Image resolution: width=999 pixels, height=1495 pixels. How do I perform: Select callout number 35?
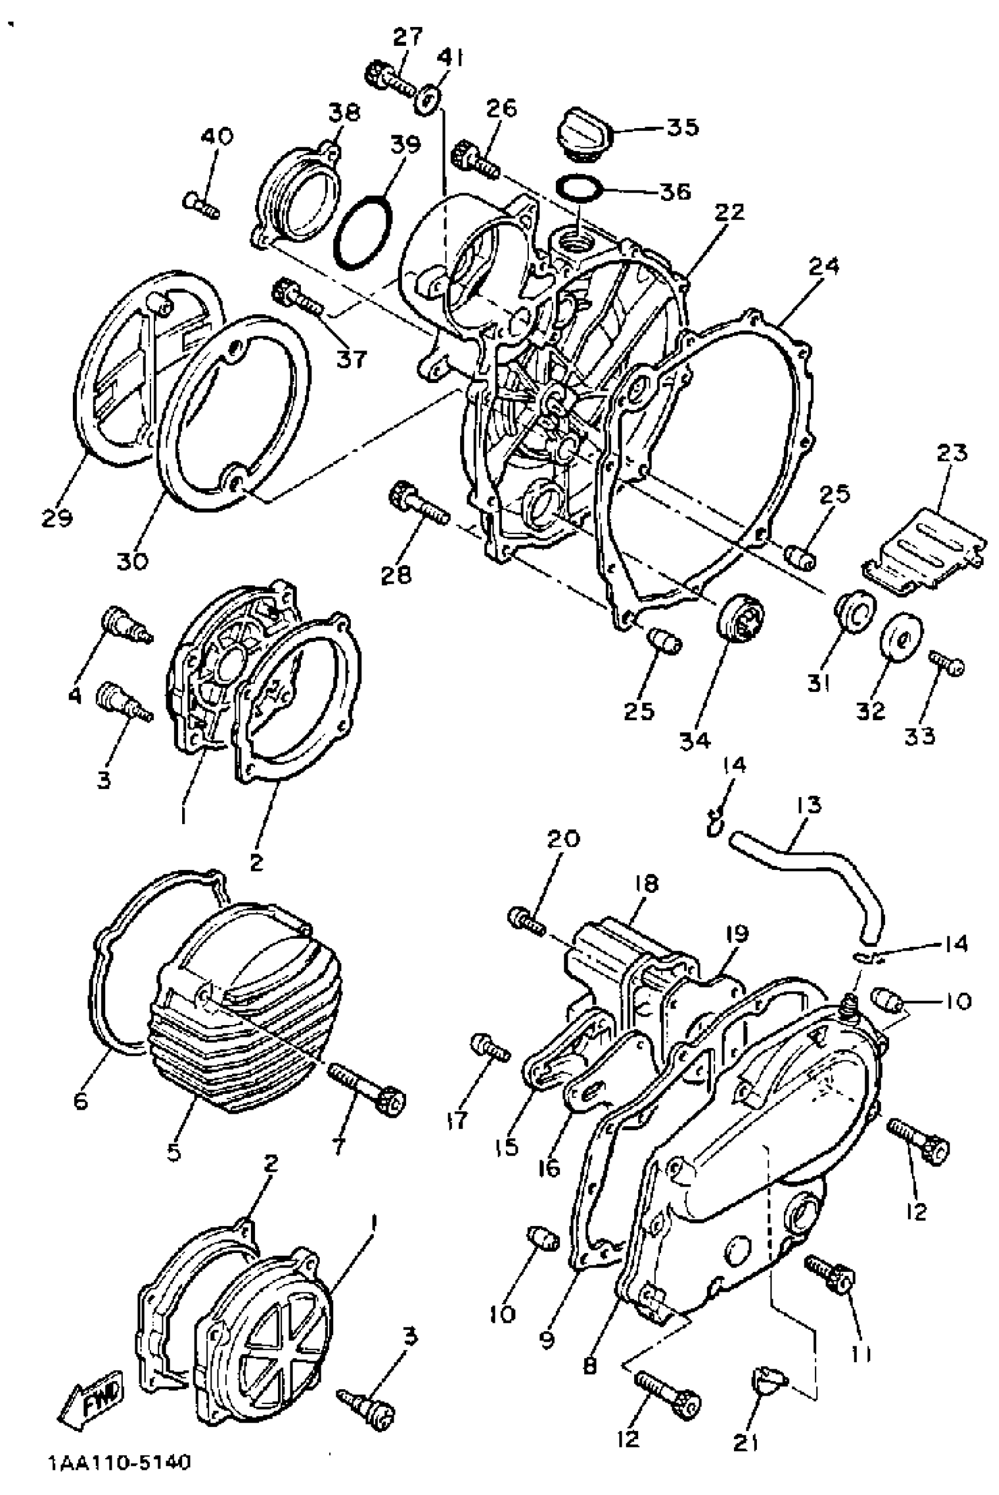[682, 127]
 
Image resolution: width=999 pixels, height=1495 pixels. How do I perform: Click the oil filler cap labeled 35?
[584, 136]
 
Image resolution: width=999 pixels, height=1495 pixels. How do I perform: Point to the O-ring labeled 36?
[578, 187]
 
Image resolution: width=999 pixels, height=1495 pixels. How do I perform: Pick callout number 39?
[405, 145]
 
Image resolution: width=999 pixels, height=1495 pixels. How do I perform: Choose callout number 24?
[824, 266]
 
